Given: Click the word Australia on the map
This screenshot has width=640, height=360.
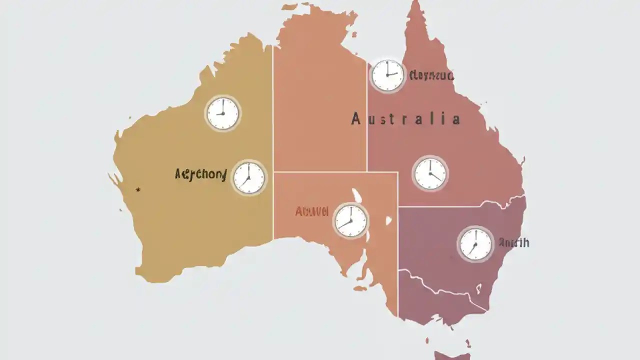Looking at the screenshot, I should click(405, 119).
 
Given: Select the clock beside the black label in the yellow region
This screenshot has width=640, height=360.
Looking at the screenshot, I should click(249, 177).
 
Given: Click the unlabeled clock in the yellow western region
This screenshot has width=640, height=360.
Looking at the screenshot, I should click(223, 113).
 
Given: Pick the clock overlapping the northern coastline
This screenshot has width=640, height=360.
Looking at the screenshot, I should click(387, 75).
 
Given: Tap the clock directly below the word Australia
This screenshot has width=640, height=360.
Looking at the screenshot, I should click(430, 173).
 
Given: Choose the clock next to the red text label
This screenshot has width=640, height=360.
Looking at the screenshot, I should click(350, 220).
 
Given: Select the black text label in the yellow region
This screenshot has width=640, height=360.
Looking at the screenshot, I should click(201, 175).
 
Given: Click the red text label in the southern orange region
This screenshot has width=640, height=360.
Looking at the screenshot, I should click(311, 211).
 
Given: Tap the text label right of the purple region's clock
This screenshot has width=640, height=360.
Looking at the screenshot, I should click(513, 243).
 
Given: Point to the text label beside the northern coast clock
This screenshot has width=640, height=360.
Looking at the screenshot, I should click(431, 75).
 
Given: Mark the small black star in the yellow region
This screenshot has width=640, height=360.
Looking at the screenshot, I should click(138, 189).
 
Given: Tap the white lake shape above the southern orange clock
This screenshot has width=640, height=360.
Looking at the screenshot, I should click(357, 195).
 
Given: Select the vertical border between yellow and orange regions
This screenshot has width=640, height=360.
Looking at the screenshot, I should click(272, 150).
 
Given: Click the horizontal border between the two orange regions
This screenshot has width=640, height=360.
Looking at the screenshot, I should click(335, 172).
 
